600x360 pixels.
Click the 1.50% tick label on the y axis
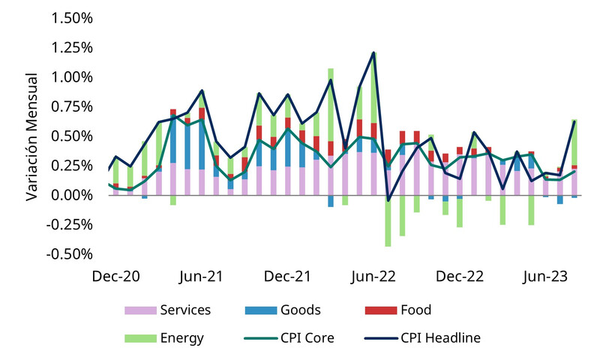[71, 18]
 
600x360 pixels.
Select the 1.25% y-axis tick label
[71, 48]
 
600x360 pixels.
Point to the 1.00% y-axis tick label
[71, 77]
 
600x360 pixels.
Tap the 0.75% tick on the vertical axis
[71, 106]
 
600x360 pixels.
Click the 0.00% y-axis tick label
[71, 195]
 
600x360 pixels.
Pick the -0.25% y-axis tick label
[69, 224]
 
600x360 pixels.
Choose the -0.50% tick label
[69, 254]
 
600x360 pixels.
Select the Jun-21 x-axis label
[200, 276]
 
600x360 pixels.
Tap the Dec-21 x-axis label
[287, 276]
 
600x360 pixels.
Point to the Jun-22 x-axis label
[373, 276]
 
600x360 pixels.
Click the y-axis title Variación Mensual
[32, 136]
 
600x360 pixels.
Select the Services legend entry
[184, 310]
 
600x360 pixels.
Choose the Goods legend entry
[299, 310]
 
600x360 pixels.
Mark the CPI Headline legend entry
[441, 338]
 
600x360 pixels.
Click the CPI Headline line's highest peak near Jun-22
[373, 52]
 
